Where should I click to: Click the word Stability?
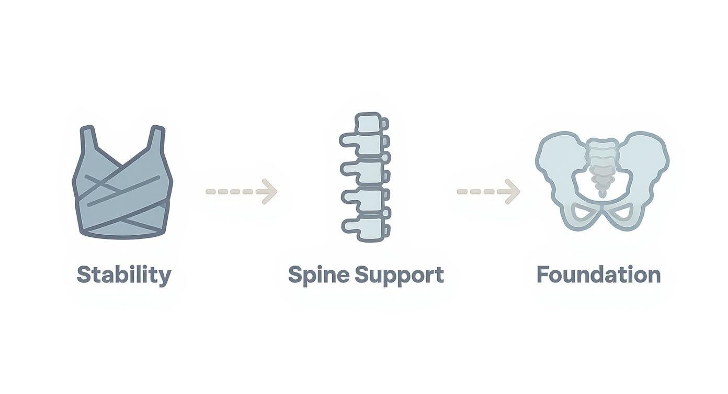coord(124,276)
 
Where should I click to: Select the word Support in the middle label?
coord(399,276)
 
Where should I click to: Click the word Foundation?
coord(599,275)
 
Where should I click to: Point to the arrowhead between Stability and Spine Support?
coord(269,191)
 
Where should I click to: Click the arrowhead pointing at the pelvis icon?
coord(512,191)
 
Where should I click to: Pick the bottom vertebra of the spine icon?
coord(365,227)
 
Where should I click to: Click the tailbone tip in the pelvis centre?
coord(602,194)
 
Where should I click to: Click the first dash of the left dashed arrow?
coord(211,191)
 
